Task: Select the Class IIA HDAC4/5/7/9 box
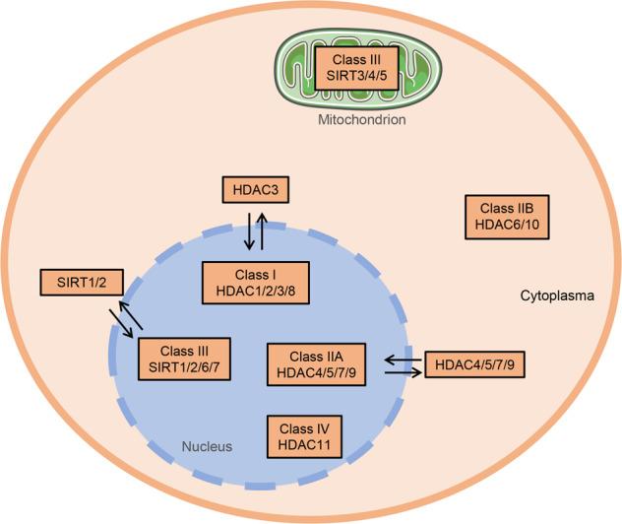click(317, 364)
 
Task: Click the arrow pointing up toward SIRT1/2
click(132, 314)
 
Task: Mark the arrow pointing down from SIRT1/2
click(121, 324)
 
